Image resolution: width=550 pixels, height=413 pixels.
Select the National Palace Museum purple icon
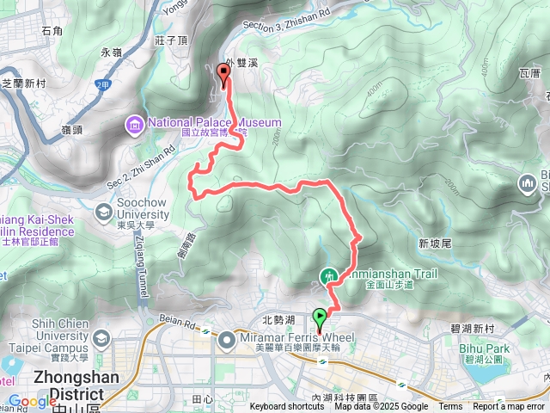[x=134, y=126]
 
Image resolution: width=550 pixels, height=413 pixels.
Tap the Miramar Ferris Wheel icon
[x=227, y=341]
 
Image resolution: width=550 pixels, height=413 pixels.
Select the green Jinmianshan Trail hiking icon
[x=327, y=277]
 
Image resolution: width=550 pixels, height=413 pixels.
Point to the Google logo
[x=32, y=402]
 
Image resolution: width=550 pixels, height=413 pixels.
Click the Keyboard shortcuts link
[x=287, y=407]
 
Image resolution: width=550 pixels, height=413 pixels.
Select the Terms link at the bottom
[x=450, y=407]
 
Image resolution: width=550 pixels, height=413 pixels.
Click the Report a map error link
[x=510, y=407]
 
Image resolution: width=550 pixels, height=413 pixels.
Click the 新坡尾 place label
[x=436, y=244]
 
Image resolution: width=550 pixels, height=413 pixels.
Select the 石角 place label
[x=52, y=32]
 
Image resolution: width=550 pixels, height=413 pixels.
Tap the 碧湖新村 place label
[x=472, y=330]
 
